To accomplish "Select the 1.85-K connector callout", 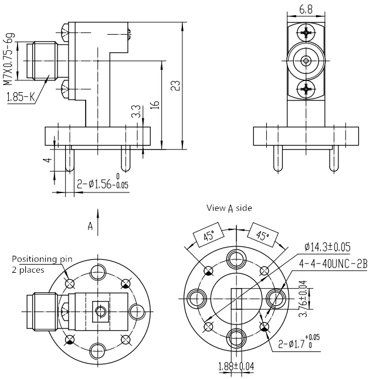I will (x=19, y=97).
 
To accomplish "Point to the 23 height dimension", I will (x=175, y=85).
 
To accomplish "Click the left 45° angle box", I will (x=208, y=237).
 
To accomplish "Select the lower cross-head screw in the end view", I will (x=306, y=89).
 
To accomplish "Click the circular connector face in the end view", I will (x=306, y=60).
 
